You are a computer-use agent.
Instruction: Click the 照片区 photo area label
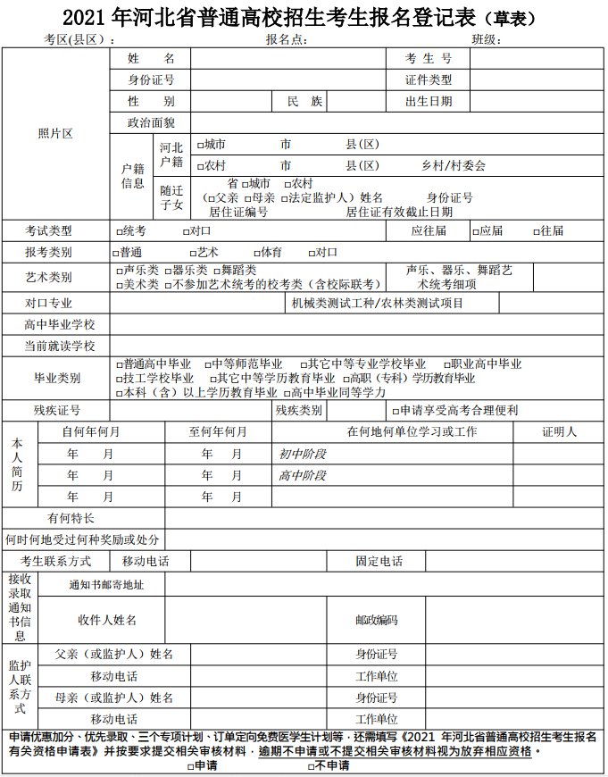pos(55,133)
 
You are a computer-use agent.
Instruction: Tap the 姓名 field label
pos(151,58)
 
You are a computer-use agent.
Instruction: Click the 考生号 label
pos(429,58)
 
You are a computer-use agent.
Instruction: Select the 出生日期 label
pos(429,102)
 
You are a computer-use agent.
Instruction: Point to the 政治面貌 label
pos(151,123)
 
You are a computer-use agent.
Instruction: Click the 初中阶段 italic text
pos(303,454)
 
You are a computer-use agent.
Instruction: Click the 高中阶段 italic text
pos(303,475)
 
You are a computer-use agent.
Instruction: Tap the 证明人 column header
pos(559,431)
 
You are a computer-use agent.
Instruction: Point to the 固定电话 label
pos(379,562)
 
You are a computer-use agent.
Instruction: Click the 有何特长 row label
pos(71,518)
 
